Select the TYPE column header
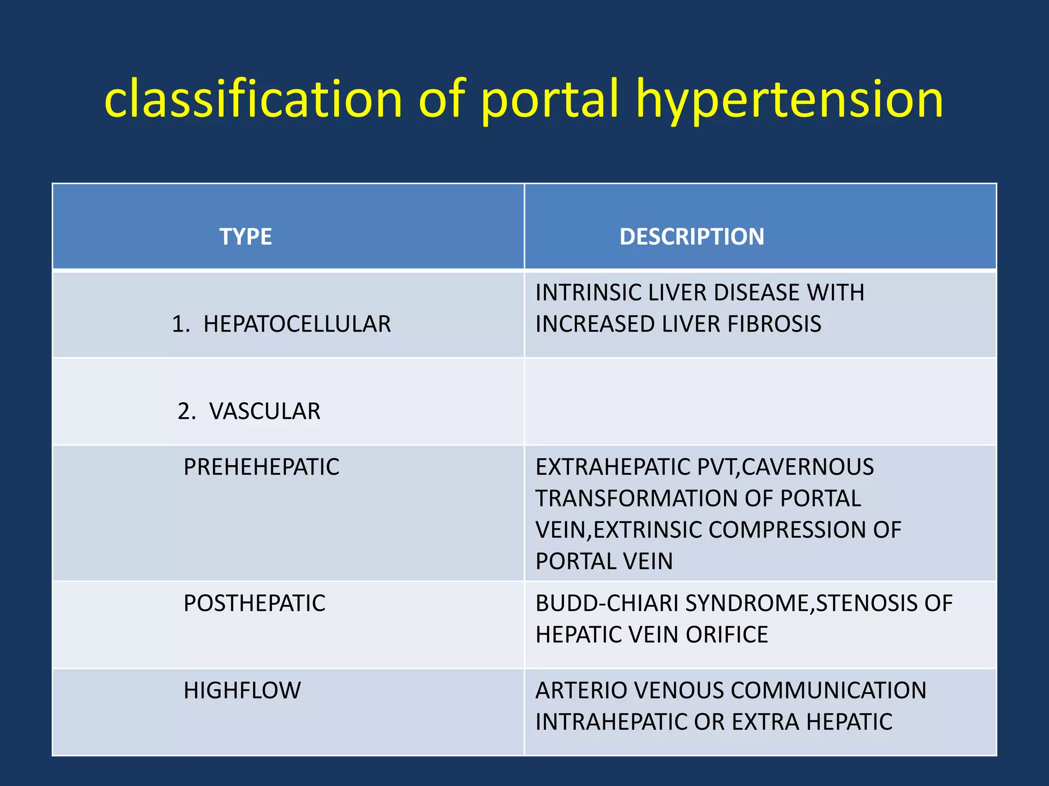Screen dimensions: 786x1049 pyautogui.click(x=245, y=237)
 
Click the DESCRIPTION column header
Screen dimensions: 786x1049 pyautogui.click(x=691, y=237)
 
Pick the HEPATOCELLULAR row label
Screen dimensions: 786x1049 pyautogui.click(x=297, y=324)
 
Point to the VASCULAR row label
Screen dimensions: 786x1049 pyautogui.click(x=264, y=411)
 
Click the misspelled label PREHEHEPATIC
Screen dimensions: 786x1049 pyautogui.click(x=261, y=467)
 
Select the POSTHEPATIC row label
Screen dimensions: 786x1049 pyautogui.click(x=254, y=603)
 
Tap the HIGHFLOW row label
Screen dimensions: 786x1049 pyautogui.click(x=242, y=690)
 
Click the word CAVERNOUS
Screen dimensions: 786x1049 pyautogui.click(x=808, y=467)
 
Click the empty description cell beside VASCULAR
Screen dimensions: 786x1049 pyautogui.click(x=760, y=402)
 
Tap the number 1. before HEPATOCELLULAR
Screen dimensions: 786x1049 pyautogui.click(x=181, y=324)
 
